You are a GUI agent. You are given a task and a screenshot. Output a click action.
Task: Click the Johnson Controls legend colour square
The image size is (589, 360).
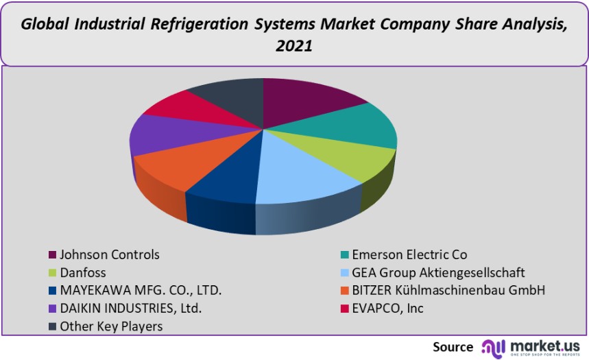[x=52, y=255]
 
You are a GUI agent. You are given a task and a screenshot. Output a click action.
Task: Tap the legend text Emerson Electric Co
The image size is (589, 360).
[x=409, y=255]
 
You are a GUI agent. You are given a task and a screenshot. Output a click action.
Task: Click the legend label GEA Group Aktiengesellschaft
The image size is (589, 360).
[x=438, y=273]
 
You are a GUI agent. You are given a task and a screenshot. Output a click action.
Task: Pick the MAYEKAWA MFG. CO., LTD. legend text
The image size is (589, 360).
[x=141, y=291]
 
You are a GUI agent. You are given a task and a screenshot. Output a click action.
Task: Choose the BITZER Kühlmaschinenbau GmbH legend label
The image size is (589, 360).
[x=448, y=291]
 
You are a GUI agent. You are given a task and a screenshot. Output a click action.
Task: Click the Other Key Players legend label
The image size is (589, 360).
[x=111, y=326]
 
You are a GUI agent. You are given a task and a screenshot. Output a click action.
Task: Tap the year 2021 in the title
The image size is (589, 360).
[x=293, y=47]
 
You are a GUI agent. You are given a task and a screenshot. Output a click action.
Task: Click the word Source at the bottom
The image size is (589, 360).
[x=453, y=346]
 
